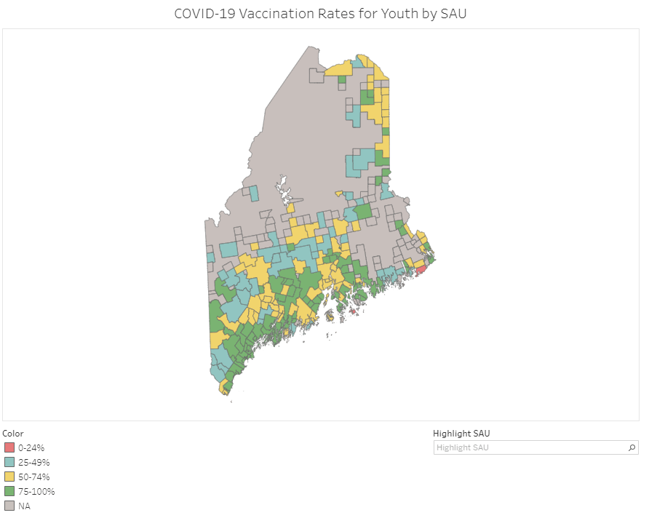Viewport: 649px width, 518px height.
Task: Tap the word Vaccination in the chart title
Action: tap(274, 14)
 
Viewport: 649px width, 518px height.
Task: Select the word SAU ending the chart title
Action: tap(461, 14)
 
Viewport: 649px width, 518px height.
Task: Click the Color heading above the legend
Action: tap(13, 433)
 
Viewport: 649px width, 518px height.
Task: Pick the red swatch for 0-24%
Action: tap(9, 447)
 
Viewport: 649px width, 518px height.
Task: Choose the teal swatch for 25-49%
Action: tap(9, 462)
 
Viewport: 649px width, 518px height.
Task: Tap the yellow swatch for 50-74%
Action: tap(9, 477)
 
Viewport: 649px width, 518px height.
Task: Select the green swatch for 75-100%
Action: tap(9, 491)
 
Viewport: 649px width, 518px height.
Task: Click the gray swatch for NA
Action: tap(9, 506)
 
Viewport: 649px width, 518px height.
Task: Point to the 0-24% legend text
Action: tap(31, 447)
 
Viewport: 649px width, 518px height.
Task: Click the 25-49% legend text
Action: tap(33, 462)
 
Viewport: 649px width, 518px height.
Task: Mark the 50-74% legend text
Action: tap(33, 477)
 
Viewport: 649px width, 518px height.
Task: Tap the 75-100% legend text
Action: tap(36, 491)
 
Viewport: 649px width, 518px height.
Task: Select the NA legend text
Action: tap(24, 506)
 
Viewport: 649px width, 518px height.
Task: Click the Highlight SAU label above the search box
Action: tap(461, 433)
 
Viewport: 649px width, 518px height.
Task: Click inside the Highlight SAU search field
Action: tap(527, 447)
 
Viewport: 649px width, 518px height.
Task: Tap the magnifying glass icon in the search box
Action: tap(632, 447)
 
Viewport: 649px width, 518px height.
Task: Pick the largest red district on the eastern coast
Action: tap(421, 270)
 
